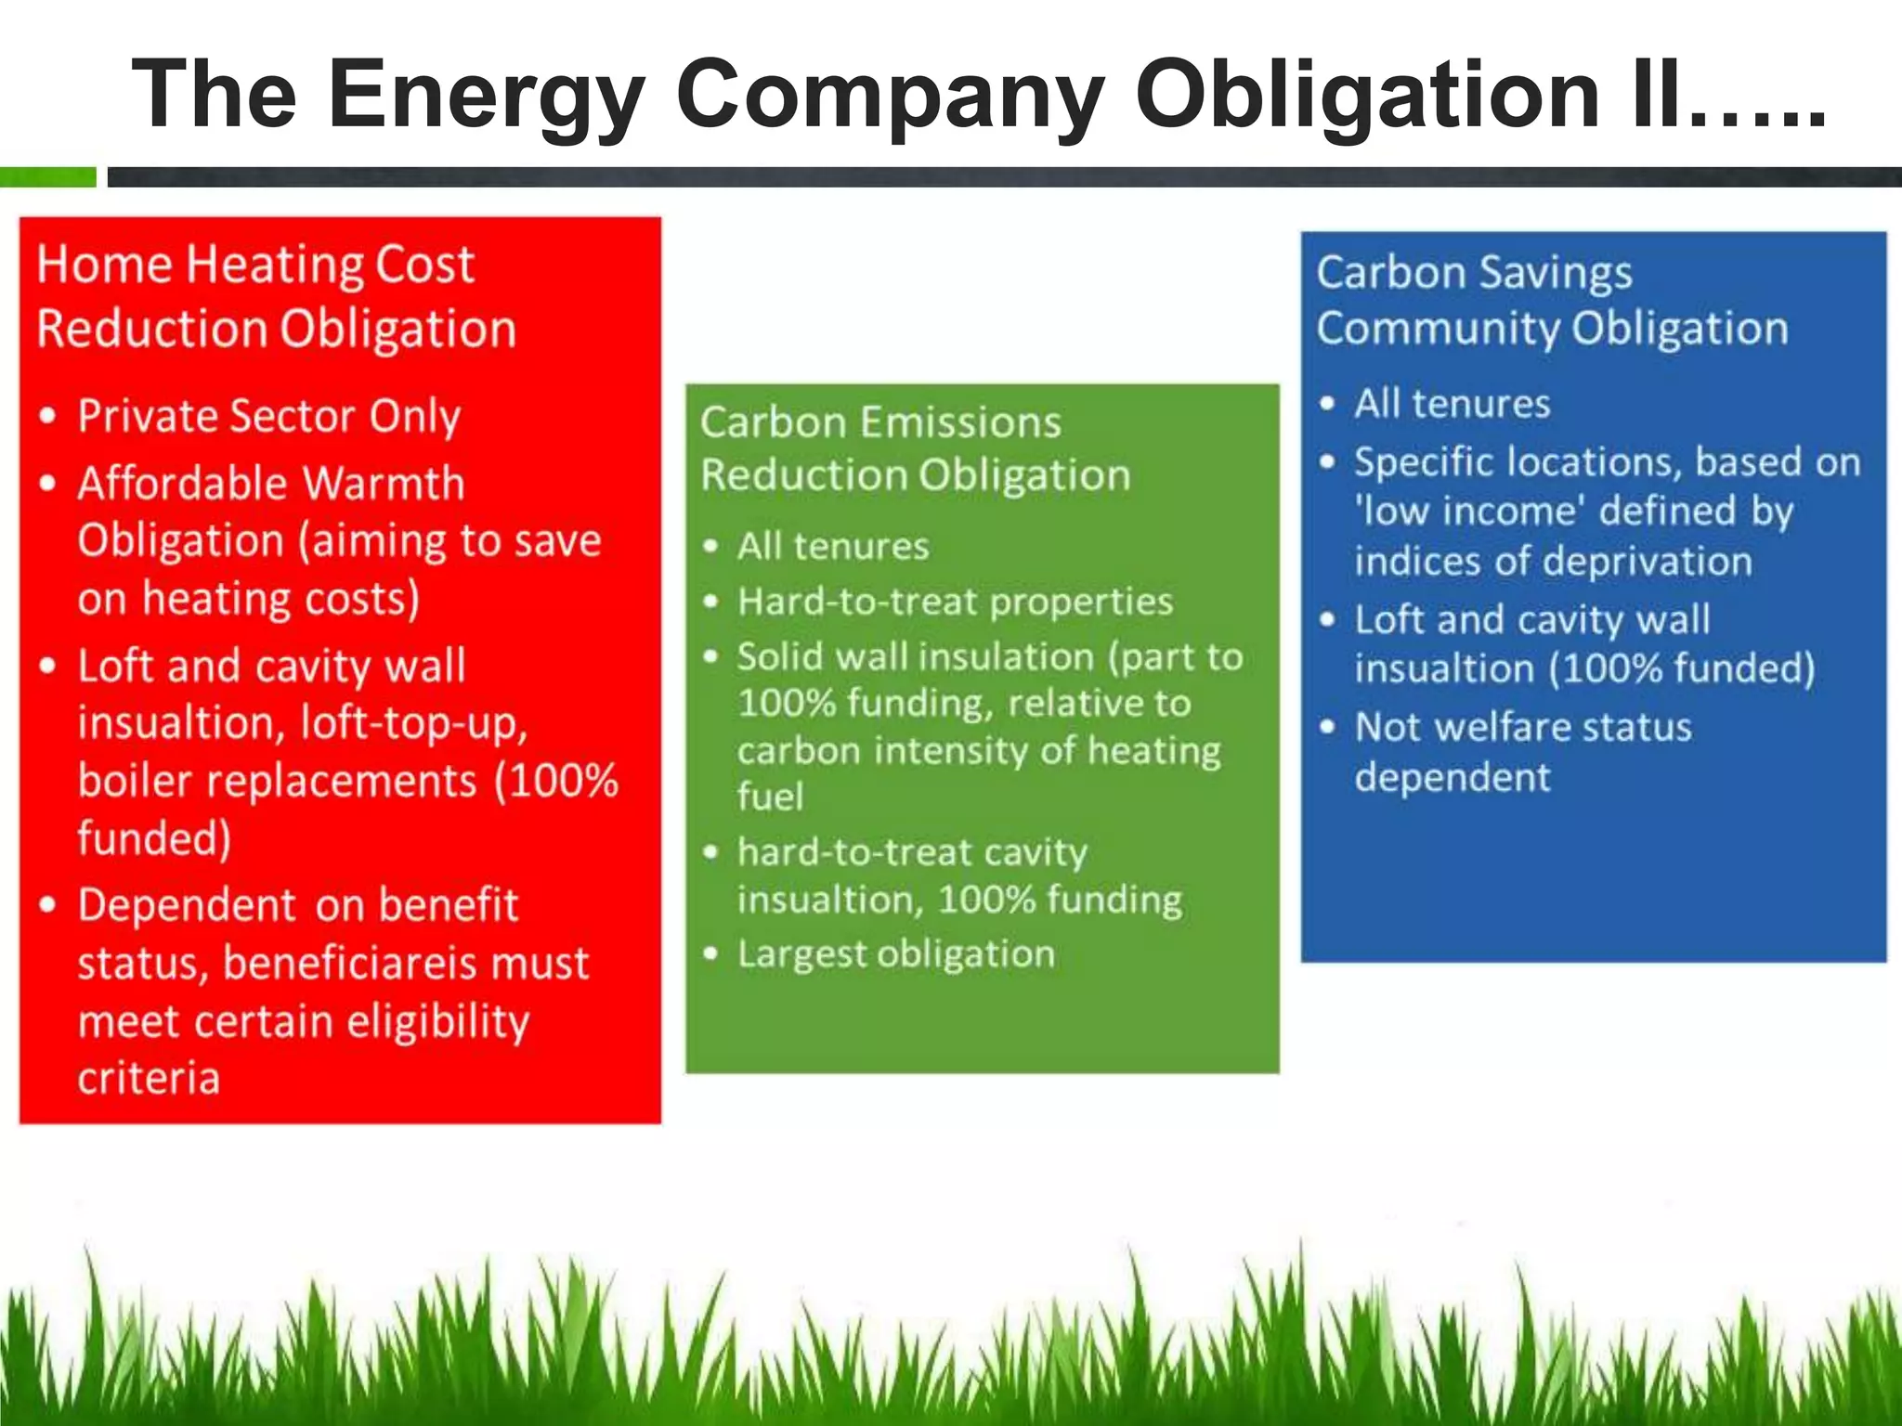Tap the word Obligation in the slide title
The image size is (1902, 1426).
[1367, 95]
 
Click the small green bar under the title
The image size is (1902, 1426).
[47, 176]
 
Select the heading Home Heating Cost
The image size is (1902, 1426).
[255, 265]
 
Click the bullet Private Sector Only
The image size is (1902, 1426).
[268, 416]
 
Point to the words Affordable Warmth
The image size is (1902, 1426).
[270, 484]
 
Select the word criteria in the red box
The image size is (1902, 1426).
[149, 1079]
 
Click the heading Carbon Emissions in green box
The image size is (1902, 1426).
[879, 422]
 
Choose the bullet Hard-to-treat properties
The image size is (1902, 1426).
[955, 602]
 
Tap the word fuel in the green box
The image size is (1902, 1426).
[770, 797]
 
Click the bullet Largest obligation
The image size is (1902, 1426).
[895, 954]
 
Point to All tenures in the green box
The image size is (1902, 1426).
[832, 546]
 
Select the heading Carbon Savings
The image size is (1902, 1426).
[1474, 273]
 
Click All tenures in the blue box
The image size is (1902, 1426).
[1452, 404]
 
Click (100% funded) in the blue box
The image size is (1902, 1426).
[1681, 668]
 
